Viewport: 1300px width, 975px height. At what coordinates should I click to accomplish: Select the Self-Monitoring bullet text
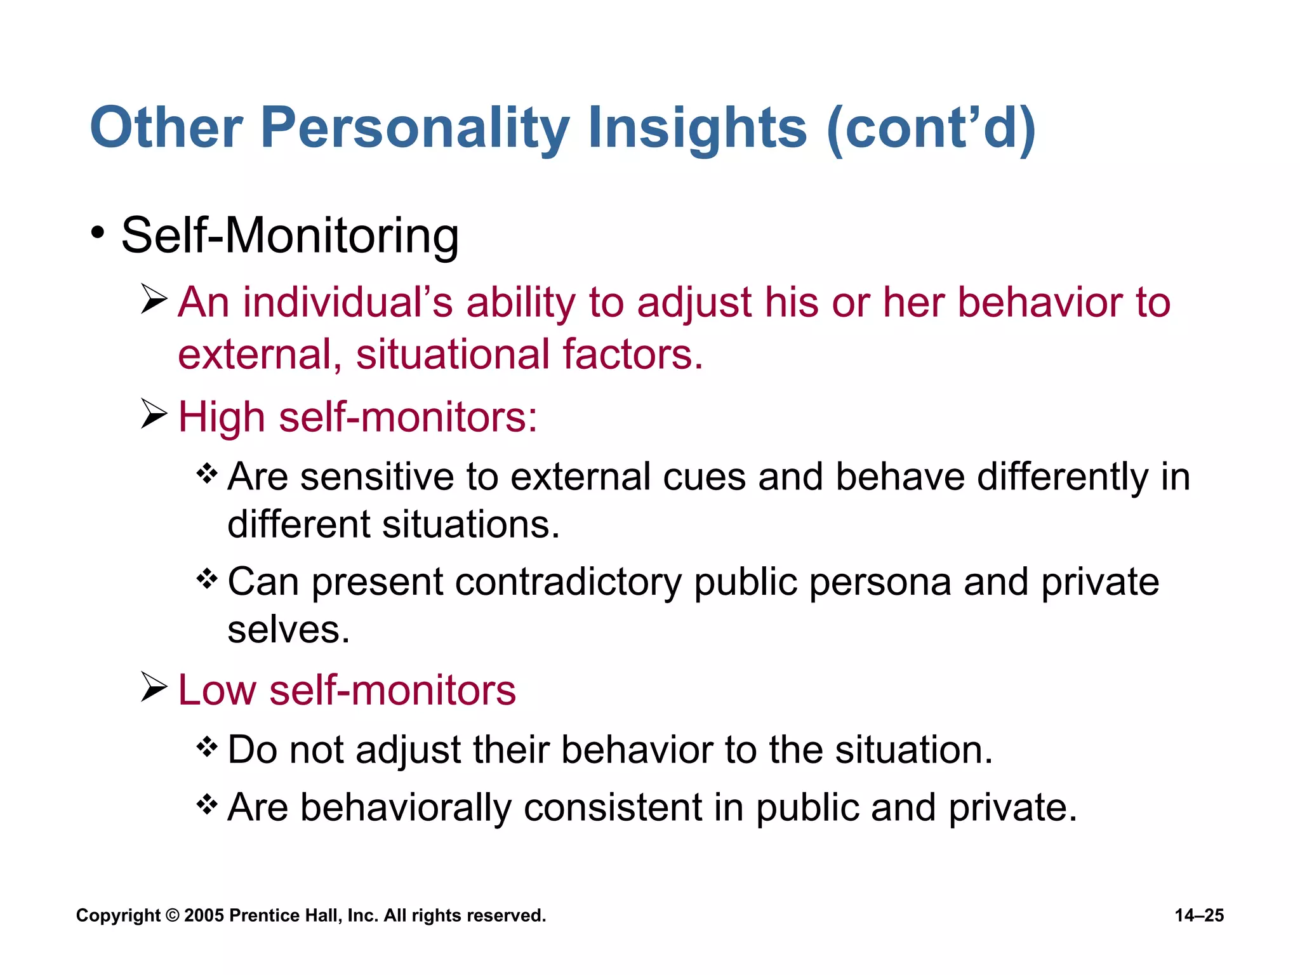pyautogui.click(x=289, y=236)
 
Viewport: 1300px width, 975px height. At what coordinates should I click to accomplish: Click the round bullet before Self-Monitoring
pyautogui.click(x=97, y=233)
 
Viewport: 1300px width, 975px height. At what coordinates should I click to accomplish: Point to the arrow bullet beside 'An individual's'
pyautogui.click(x=154, y=299)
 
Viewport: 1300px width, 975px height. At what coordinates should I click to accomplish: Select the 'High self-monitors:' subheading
pyautogui.click(x=357, y=418)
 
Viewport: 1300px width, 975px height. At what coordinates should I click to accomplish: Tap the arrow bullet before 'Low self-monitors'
pyautogui.click(x=154, y=687)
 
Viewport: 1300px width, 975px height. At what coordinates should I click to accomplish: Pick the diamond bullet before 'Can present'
pyautogui.click(x=207, y=578)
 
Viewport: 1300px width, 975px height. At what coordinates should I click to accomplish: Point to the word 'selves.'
pyautogui.click(x=289, y=630)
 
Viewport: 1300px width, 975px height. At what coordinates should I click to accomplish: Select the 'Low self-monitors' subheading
pyautogui.click(x=347, y=690)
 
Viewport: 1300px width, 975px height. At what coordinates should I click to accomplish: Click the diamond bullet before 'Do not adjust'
pyautogui.click(x=207, y=746)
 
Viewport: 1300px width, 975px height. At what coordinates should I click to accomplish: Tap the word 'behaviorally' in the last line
pyautogui.click(x=406, y=808)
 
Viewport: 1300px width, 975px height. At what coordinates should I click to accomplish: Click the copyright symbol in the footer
pyautogui.click(x=172, y=915)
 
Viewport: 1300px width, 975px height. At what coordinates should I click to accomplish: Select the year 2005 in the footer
pyautogui.click(x=204, y=915)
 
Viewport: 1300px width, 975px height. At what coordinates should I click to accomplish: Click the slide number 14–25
pyautogui.click(x=1198, y=915)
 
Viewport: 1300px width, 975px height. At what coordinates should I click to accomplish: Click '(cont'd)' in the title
pyautogui.click(x=931, y=129)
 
